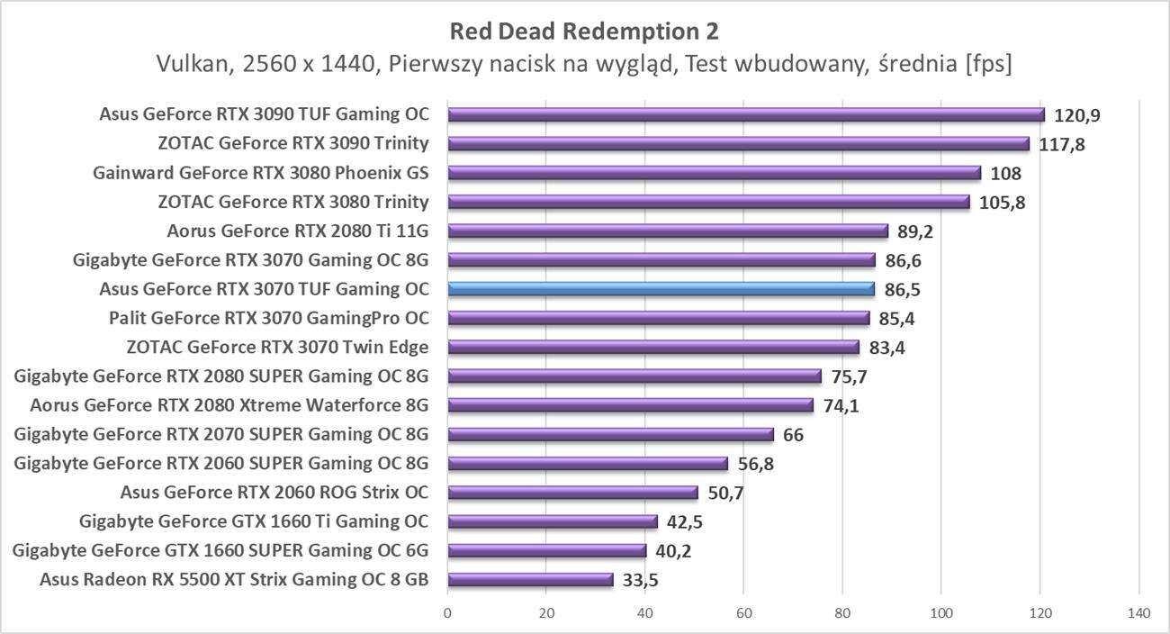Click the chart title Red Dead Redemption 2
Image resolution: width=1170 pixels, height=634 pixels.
584,32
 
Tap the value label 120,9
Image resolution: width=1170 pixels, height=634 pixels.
1076,115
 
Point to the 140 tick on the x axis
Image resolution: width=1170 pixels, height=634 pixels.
1138,613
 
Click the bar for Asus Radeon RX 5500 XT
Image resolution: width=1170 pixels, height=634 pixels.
530,580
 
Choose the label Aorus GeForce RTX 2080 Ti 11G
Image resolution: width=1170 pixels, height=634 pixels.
298,231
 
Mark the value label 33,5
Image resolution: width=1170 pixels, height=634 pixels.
640,580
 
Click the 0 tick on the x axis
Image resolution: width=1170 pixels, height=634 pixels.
447,613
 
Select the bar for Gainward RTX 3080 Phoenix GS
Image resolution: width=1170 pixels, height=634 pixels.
714,173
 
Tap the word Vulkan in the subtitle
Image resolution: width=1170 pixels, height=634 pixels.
188,64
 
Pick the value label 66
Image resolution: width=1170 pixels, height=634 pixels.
793,435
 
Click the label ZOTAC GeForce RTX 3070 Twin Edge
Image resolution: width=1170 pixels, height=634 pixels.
278,347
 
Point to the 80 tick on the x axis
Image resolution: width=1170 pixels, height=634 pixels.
842,613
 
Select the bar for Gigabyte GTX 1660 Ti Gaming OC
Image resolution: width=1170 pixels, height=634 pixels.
553,521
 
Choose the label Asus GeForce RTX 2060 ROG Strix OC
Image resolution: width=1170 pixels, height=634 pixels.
274,493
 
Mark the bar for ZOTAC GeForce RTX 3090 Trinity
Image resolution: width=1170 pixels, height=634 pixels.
738,144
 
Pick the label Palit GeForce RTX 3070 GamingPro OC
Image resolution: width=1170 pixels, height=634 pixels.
269,318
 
